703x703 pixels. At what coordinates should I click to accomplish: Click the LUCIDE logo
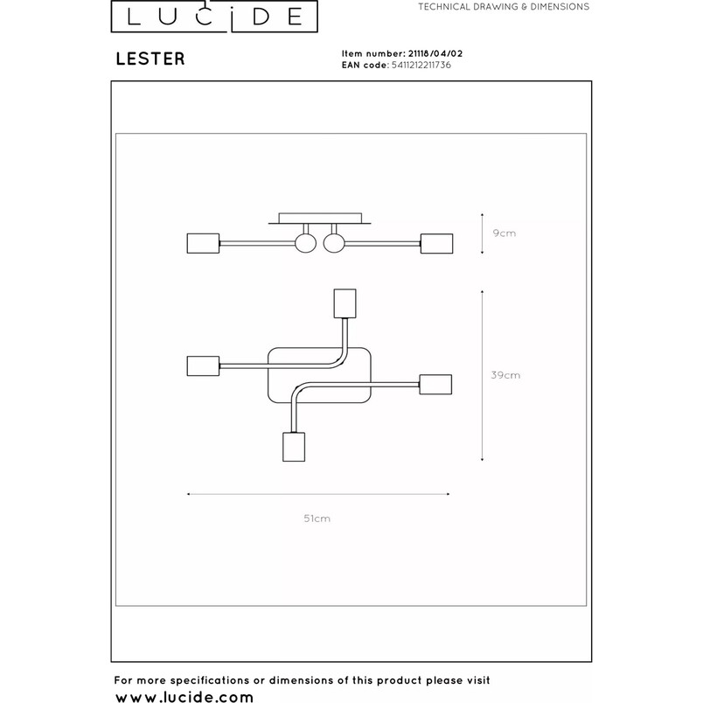pyautogui.click(x=214, y=16)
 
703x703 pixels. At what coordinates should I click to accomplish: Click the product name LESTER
pyautogui.click(x=150, y=59)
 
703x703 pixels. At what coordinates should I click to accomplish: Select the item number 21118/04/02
pyautogui.click(x=435, y=53)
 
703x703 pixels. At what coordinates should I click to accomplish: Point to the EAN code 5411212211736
pyautogui.click(x=421, y=65)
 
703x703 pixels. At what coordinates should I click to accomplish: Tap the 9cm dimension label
pyautogui.click(x=504, y=233)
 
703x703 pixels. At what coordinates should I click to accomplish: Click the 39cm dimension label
pyautogui.click(x=505, y=375)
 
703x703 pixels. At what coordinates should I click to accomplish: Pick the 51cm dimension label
pyautogui.click(x=317, y=519)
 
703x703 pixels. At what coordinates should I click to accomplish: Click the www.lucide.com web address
pyautogui.click(x=184, y=696)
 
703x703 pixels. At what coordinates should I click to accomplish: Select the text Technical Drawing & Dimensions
pyautogui.click(x=504, y=7)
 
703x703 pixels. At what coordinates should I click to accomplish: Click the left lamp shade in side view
pyautogui.click(x=203, y=243)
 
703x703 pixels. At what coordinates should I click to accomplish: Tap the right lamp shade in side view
pyautogui.click(x=436, y=243)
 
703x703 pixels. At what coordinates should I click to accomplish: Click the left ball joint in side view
pyautogui.click(x=306, y=243)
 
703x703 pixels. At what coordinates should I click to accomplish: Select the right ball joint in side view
pyautogui.click(x=334, y=243)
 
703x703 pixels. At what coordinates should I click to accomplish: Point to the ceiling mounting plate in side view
pyautogui.click(x=320, y=219)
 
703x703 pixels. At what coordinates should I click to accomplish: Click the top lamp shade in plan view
pyautogui.click(x=345, y=303)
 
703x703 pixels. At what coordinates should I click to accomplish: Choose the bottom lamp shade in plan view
pyautogui.click(x=294, y=447)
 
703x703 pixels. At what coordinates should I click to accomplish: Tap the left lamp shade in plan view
pyautogui.click(x=203, y=365)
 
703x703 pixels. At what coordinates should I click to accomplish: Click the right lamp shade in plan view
pyautogui.click(x=435, y=384)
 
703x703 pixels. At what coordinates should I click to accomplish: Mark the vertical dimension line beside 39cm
pyautogui.click(x=482, y=376)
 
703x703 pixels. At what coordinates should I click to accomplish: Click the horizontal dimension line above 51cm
pyautogui.click(x=318, y=494)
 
